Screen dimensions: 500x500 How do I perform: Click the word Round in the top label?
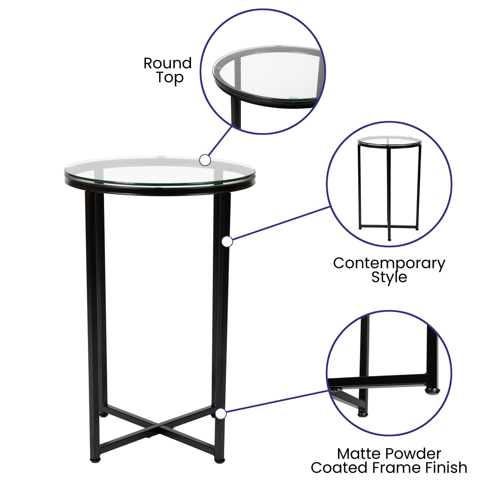click(x=167, y=63)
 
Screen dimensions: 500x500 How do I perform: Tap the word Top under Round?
click(x=170, y=78)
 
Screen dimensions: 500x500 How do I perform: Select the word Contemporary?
click(x=389, y=264)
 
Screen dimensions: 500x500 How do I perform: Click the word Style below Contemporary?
click(x=389, y=277)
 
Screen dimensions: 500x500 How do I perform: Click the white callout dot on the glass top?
click(x=205, y=160)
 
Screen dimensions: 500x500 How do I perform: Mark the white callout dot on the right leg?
click(x=227, y=242)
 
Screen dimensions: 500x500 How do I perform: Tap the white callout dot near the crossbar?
click(x=221, y=414)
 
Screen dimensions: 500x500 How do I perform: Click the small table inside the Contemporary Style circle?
click(x=389, y=187)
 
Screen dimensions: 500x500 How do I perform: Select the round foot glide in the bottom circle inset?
click(x=432, y=391)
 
